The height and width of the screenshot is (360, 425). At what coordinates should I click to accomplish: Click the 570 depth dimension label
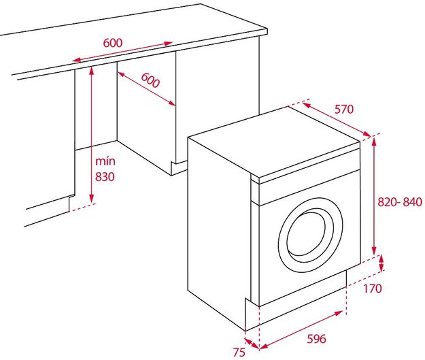[x=344, y=109]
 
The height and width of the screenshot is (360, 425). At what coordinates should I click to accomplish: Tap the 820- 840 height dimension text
[x=400, y=202]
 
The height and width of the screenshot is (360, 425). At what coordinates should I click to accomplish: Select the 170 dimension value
[x=373, y=289]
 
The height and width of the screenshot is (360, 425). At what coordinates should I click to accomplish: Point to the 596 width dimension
[x=316, y=339]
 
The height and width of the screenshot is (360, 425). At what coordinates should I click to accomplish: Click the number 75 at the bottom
[x=239, y=352]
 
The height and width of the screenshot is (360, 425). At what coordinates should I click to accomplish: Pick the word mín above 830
[x=105, y=161]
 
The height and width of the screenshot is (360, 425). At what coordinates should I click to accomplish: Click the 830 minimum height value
[x=105, y=177]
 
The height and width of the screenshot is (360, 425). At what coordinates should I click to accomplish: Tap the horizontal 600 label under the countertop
[x=113, y=43]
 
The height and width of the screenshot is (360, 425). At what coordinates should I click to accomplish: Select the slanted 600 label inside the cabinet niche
[x=150, y=80]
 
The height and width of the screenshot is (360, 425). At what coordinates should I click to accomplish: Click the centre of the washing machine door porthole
[x=310, y=235]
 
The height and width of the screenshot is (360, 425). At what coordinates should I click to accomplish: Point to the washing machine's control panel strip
[x=309, y=187]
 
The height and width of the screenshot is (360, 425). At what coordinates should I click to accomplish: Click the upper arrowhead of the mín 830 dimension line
[x=92, y=70]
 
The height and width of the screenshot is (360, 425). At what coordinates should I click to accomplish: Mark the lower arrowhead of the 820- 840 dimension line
[x=374, y=251]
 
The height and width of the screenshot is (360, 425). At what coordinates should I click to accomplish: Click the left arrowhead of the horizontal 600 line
[x=76, y=60]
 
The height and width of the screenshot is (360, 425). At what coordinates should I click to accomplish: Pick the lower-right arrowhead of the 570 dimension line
[x=367, y=134]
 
